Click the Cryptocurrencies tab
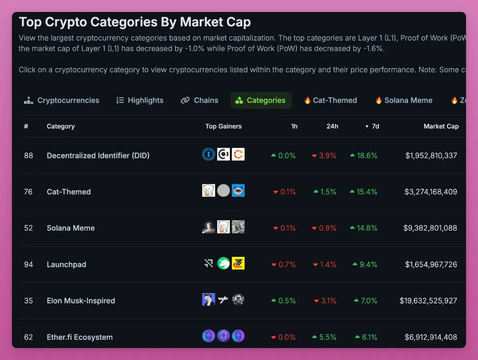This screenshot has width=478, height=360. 62,100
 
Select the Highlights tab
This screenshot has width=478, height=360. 140,100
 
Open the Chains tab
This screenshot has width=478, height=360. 200,100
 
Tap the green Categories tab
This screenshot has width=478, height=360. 261,100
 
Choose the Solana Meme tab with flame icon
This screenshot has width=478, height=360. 404,100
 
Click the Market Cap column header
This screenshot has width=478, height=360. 441,126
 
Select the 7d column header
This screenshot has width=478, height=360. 375,126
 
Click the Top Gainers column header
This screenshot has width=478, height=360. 223,126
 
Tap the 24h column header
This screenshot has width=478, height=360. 332,126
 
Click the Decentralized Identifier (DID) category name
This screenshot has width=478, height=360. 98,155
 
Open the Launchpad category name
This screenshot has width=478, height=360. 67,264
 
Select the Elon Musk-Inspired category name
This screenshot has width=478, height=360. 81,301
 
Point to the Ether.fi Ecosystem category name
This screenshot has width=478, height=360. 80,337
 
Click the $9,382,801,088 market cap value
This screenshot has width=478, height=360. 430,228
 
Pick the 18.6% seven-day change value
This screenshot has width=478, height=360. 367,156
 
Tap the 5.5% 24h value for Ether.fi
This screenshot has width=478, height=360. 328,337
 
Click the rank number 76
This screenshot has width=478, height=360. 28,192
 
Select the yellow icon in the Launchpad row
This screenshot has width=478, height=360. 238,263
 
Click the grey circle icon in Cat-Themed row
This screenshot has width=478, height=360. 223,190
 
